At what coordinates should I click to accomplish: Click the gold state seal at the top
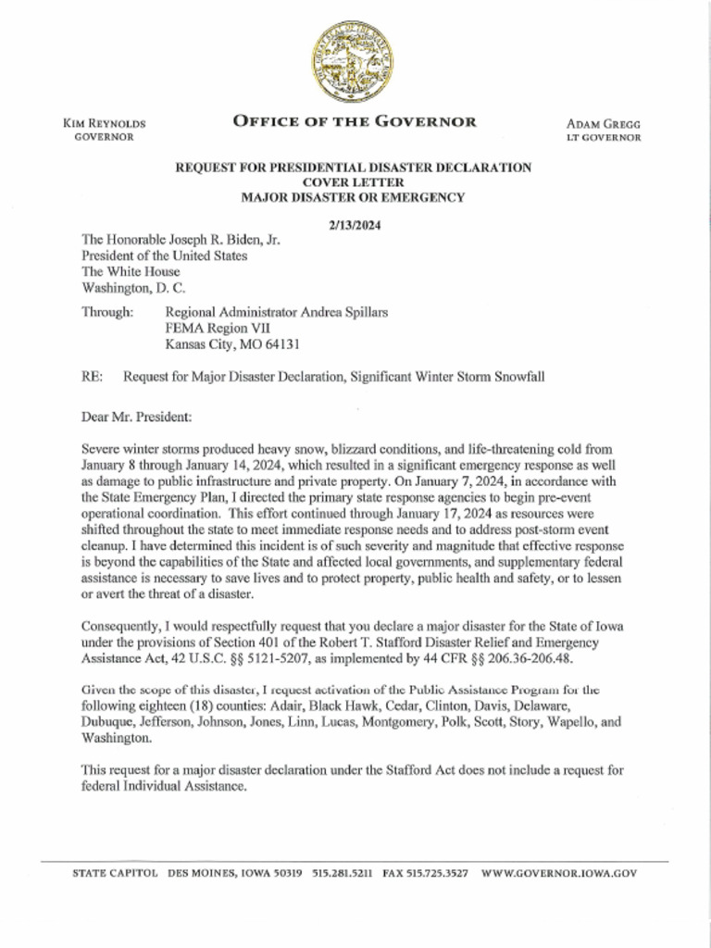tap(355, 63)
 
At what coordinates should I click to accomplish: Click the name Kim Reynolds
tap(104, 123)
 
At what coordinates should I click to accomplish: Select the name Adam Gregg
tap(604, 123)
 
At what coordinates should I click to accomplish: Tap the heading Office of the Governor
tap(355, 121)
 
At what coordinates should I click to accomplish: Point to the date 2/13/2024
tap(355, 225)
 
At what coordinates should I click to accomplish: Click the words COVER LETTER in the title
tap(354, 182)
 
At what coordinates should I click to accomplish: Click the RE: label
tap(93, 377)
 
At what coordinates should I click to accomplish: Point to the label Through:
tap(107, 312)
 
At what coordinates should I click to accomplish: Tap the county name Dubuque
tap(106, 722)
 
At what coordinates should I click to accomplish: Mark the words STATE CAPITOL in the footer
tap(115, 873)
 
